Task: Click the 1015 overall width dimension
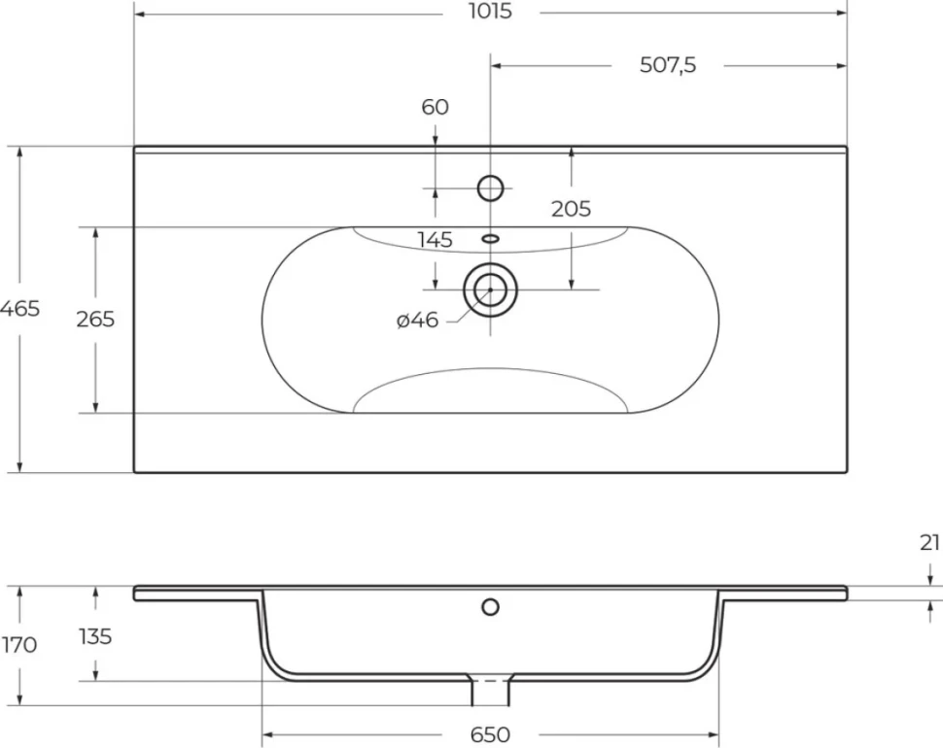click(x=490, y=12)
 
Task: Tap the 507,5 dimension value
click(x=668, y=65)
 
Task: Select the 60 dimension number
click(x=435, y=107)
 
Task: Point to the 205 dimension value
click(x=571, y=209)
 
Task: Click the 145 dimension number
click(x=435, y=240)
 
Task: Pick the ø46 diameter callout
click(x=417, y=321)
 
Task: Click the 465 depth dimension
click(x=19, y=309)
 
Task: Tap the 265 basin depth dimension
click(x=95, y=319)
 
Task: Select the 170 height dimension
click(x=19, y=645)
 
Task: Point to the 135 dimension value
click(x=95, y=635)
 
